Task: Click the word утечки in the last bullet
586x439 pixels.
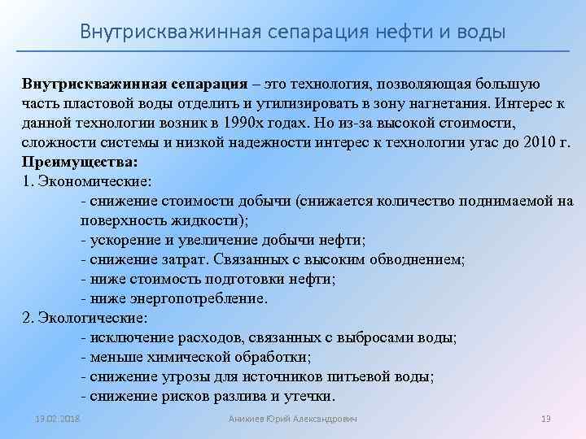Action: (308, 397)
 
